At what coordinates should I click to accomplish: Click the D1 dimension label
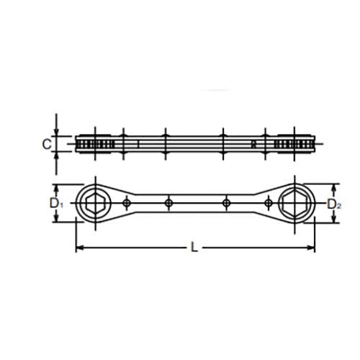click(x=55, y=204)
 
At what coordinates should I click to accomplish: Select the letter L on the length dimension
click(x=195, y=248)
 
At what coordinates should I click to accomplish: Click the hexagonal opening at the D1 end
click(x=95, y=204)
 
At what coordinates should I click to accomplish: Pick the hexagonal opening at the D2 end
click(x=294, y=204)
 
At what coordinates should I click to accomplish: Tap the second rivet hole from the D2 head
click(x=225, y=204)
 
